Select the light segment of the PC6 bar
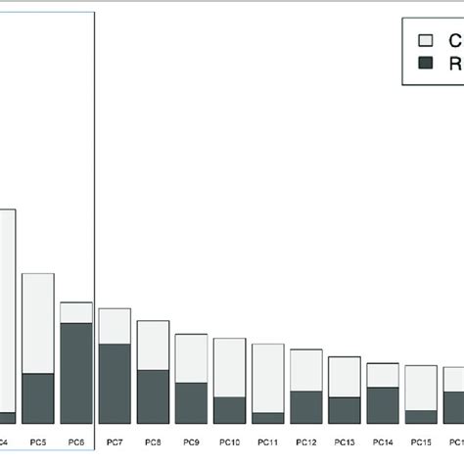76,311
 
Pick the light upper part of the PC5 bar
37,323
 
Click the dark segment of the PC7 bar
115,383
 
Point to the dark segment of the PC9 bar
191,402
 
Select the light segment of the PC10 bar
229,367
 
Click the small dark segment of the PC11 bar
267,417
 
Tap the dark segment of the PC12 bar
305,406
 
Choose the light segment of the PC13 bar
344,376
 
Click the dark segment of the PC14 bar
382,404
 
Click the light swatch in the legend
426,41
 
